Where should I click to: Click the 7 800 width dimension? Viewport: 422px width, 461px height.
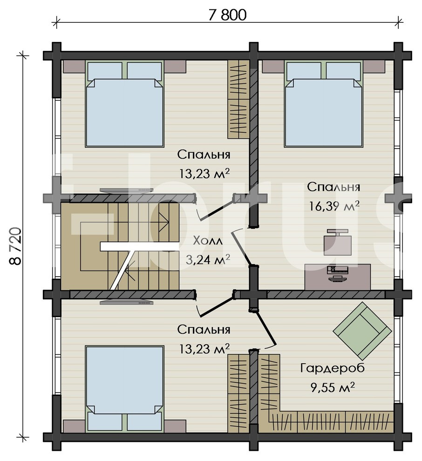tap(228, 15)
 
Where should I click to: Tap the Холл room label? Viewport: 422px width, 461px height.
tap(208, 241)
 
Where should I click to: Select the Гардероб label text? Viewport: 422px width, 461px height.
tap(332, 368)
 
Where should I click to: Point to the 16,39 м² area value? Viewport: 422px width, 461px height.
tap(334, 206)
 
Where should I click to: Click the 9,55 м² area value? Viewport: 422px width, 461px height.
tap(332, 387)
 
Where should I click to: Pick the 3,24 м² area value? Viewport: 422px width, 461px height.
tap(208, 259)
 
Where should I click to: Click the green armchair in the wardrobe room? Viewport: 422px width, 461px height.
tap(362, 331)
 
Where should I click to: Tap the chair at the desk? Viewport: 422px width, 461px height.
tap(338, 243)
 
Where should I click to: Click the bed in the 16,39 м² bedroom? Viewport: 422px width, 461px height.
tap(323, 104)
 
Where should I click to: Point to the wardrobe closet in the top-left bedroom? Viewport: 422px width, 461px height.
tap(238, 99)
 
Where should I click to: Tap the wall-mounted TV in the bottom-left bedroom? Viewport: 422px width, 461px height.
tap(126, 302)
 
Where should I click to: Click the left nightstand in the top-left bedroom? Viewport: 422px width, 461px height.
tap(74, 67)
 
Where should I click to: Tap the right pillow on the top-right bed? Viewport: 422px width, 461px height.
tap(343, 71)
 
